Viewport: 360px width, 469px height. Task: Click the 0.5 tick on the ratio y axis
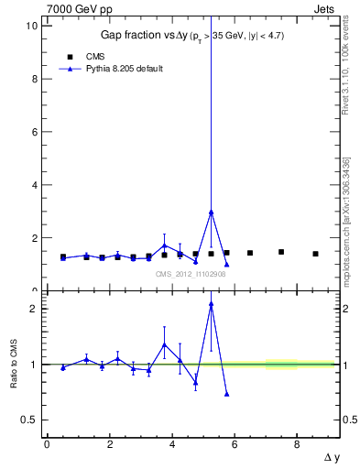(31, 420)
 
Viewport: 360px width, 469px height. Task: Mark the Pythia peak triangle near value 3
(211, 212)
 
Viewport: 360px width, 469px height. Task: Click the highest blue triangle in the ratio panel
(211, 304)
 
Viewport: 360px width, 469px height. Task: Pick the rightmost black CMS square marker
(315, 254)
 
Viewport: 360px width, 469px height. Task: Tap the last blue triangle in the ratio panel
(226, 394)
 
